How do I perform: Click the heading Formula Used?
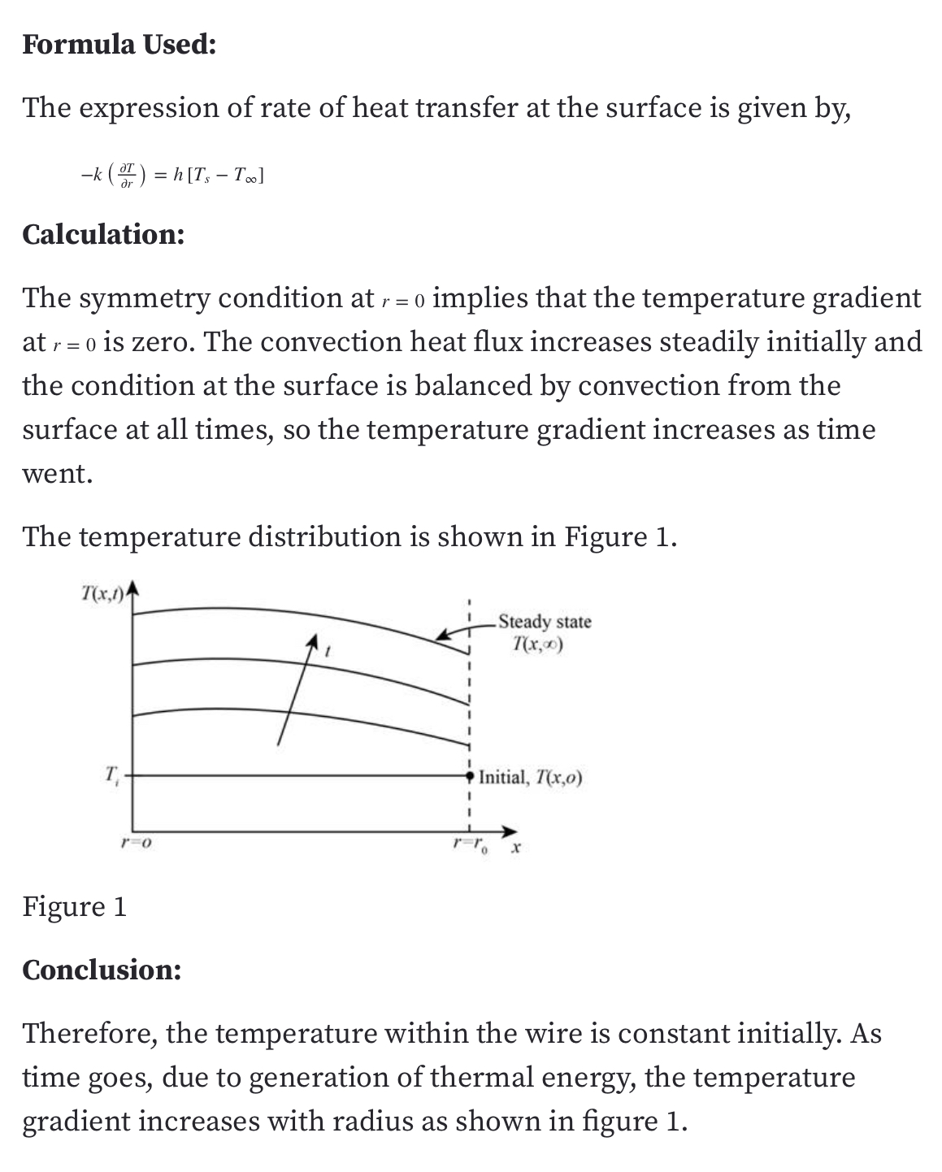(x=119, y=44)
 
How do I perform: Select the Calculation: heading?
(x=103, y=234)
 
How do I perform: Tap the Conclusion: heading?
(x=102, y=970)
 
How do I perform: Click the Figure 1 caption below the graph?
(x=75, y=906)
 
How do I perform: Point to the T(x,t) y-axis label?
(x=105, y=594)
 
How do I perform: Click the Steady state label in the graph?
(x=545, y=622)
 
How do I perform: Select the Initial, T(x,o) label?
(x=530, y=777)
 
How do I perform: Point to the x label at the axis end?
(x=515, y=850)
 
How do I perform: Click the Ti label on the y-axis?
(x=112, y=773)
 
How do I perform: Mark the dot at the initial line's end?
(x=470, y=776)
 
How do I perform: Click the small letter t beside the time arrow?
(x=327, y=651)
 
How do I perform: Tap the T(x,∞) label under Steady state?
(x=539, y=645)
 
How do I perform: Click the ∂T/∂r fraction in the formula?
(x=126, y=176)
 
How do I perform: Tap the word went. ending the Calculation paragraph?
(x=58, y=473)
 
